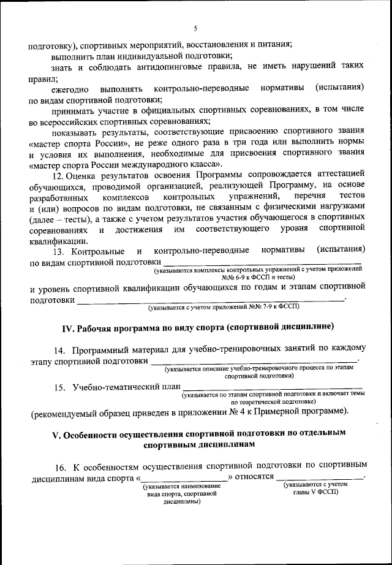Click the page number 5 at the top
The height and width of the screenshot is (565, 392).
[x=195, y=29]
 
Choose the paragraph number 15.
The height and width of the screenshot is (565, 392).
[x=60, y=387]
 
